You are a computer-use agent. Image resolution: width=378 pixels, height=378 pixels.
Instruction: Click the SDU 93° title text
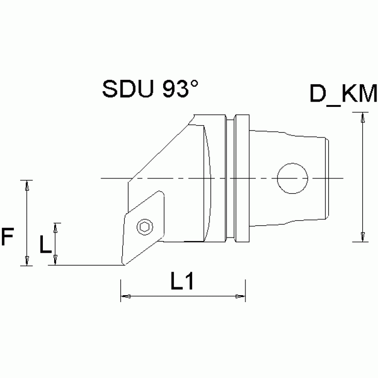pyautogui.click(x=150, y=89)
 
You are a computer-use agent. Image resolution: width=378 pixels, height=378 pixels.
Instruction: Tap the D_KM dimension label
pyautogui.click(x=343, y=94)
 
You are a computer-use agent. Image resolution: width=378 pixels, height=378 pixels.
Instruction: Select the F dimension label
pyautogui.click(x=7, y=237)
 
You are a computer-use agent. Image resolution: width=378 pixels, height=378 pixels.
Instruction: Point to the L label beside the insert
pyautogui.click(x=45, y=244)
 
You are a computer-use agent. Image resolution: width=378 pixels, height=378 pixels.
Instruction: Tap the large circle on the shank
pyautogui.click(x=292, y=178)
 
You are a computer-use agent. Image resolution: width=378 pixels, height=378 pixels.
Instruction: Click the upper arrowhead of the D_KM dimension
pyautogui.click(x=363, y=117)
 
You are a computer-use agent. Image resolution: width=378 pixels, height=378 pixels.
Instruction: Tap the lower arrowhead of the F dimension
pyautogui.click(x=28, y=261)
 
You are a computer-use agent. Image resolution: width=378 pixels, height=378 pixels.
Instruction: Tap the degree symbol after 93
pyautogui.click(x=194, y=83)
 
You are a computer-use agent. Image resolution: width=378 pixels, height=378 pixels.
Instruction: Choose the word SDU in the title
pyautogui.click(x=125, y=89)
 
